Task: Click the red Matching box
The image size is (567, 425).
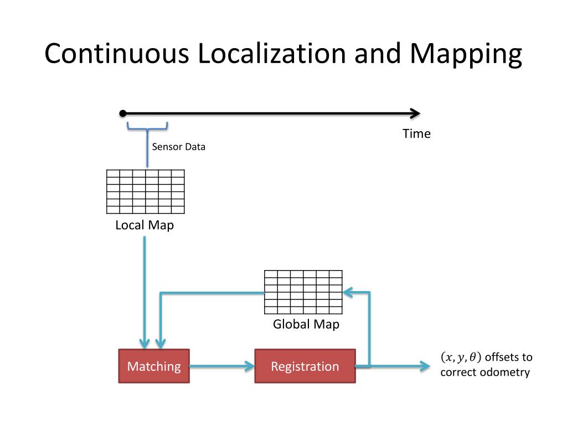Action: click(x=154, y=366)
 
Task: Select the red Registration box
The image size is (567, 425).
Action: click(x=305, y=366)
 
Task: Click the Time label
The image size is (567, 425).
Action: click(x=416, y=134)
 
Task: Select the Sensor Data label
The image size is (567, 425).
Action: click(x=178, y=147)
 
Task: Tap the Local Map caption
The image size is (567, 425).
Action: click(x=145, y=225)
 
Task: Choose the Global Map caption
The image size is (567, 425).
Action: click(x=306, y=324)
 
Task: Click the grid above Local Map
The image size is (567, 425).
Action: click(x=145, y=191)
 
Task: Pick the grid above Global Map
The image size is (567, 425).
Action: click(x=303, y=292)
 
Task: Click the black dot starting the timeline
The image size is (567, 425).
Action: click(x=122, y=113)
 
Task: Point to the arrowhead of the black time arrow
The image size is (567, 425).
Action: click(x=415, y=113)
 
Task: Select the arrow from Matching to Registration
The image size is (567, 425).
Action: click(x=221, y=366)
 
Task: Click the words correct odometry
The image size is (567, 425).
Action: click(x=485, y=372)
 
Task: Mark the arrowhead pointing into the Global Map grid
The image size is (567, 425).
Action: click(x=347, y=292)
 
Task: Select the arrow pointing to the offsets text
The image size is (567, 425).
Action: click(x=399, y=366)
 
